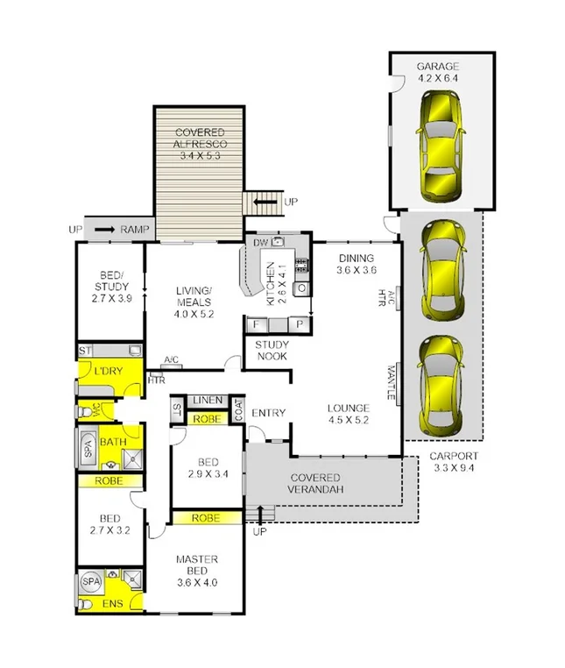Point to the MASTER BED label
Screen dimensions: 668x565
pyautogui.click(x=196, y=565)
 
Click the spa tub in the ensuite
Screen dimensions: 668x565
pyautogui.click(x=91, y=581)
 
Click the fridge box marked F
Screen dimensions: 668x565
pyautogui.click(x=257, y=324)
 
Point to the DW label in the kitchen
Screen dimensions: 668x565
pyautogui.click(x=259, y=243)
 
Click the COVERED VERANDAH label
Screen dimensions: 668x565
pyautogui.click(x=315, y=483)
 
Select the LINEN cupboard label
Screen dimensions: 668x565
pyautogui.click(x=208, y=400)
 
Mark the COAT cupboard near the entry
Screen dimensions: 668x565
pyautogui.click(x=237, y=409)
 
